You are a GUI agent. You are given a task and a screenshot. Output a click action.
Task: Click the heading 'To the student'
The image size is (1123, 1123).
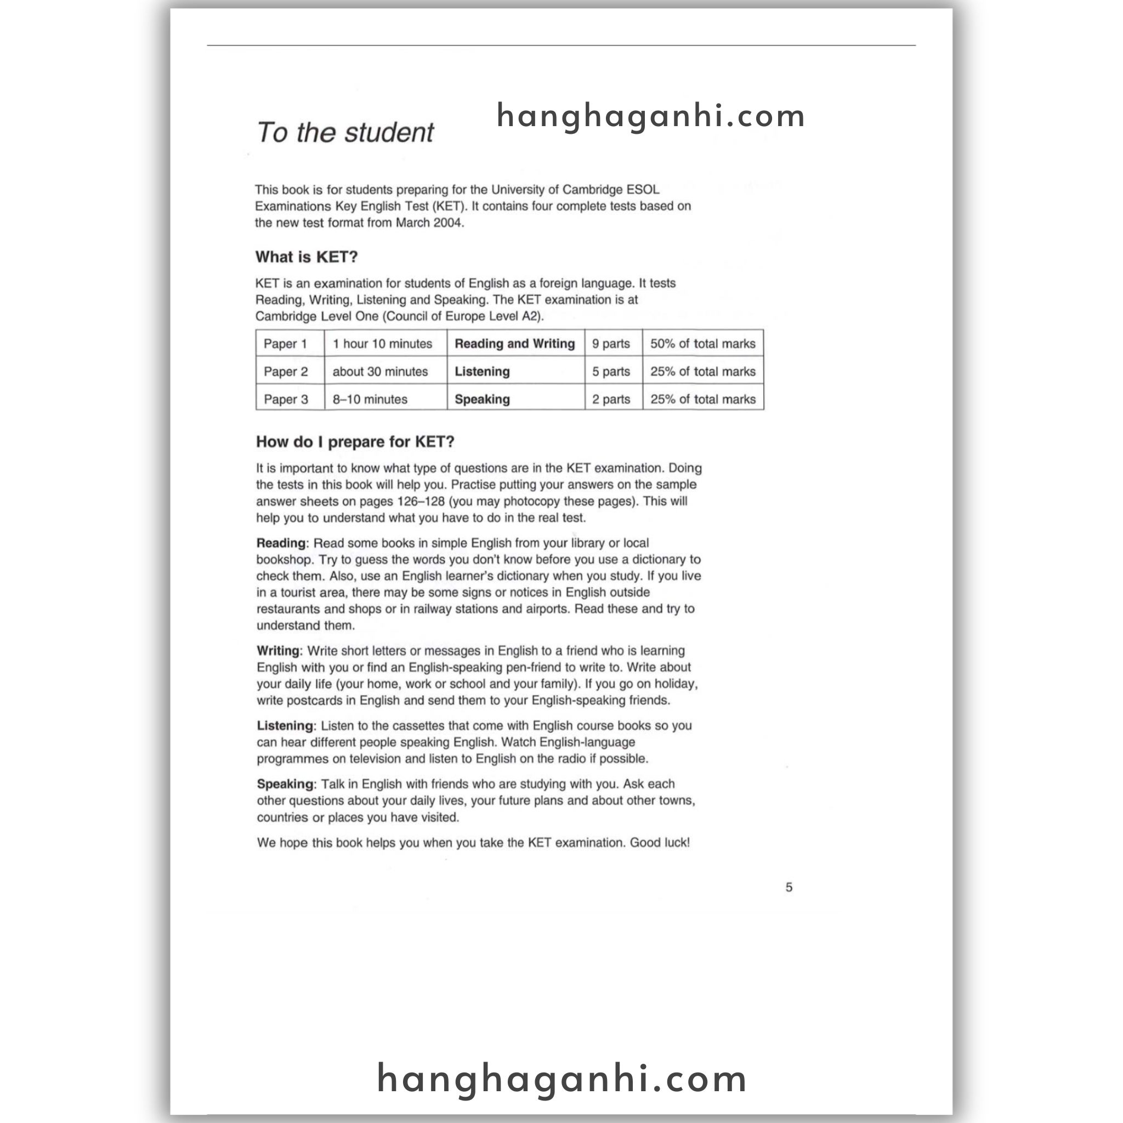point(345,133)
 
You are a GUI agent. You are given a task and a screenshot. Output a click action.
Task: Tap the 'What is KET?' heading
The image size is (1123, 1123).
point(307,257)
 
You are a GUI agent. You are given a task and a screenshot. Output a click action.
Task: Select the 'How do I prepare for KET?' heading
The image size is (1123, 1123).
point(355,442)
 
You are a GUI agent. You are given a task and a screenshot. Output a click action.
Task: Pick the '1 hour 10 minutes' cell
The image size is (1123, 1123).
point(383,343)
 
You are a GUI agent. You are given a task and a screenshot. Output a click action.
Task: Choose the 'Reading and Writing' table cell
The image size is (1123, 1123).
point(514,343)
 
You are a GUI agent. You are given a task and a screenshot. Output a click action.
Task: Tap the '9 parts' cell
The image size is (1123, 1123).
point(611,343)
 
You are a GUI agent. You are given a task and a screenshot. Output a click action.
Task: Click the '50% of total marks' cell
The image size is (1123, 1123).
point(703,343)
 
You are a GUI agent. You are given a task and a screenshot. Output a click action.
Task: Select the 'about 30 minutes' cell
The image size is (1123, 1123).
point(380,371)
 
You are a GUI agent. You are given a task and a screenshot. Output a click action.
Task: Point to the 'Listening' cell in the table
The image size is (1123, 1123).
point(483,371)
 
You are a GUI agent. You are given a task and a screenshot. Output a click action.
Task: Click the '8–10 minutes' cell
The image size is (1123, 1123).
point(370,399)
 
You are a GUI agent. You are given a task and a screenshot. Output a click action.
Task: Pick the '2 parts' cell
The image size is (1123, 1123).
point(611,399)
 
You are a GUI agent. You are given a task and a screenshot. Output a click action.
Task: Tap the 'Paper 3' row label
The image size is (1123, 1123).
point(286,399)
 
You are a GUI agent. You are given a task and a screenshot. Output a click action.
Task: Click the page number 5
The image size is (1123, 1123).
point(789,887)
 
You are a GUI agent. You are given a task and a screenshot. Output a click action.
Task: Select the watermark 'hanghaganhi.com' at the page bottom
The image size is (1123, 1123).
point(561,1079)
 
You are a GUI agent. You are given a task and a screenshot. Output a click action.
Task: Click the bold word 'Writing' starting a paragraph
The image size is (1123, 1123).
point(279,651)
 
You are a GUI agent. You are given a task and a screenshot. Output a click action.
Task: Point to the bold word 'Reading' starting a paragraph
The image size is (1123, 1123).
point(281,543)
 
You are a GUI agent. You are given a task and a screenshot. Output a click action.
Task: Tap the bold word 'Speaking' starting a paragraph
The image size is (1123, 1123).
point(285,784)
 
